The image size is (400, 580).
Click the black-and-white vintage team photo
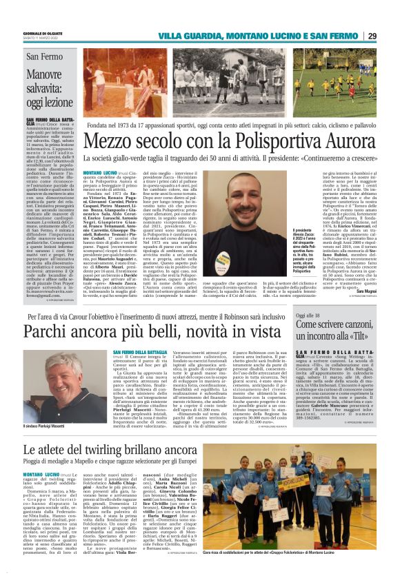(x=138, y=74)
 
